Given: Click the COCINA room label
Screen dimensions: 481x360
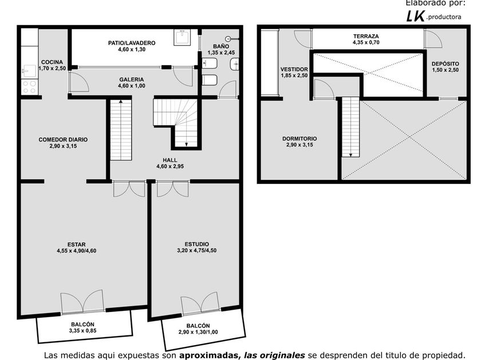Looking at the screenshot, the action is (52, 62).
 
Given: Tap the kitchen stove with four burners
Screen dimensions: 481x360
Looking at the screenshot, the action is (30, 87).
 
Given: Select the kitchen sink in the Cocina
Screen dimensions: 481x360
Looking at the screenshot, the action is (30, 71).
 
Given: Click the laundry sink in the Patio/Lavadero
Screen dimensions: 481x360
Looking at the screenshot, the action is (182, 37).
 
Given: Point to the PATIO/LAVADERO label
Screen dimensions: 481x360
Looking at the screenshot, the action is (132, 43).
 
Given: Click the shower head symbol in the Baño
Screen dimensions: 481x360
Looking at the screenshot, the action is (228, 39).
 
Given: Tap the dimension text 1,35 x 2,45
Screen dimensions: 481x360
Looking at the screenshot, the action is (221, 53).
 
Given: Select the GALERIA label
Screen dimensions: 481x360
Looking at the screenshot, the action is (132, 79).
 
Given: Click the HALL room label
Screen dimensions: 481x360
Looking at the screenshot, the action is (170, 160).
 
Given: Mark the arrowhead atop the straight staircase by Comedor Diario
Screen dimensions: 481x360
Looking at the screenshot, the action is (121, 101).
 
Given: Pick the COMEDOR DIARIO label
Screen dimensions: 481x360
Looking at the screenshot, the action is (63, 139).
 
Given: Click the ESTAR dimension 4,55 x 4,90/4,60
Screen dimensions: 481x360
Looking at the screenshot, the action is (76, 251).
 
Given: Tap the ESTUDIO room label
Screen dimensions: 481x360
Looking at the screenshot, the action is (196, 245).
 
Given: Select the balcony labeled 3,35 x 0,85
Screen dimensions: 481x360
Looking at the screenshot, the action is (84, 327).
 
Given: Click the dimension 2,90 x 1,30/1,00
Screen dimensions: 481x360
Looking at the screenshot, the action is (198, 332).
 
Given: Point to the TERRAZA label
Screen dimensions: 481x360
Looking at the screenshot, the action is (366, 36).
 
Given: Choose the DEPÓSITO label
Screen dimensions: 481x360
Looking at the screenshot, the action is (445, 63).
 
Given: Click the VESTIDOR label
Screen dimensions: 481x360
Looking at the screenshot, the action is (294, 70).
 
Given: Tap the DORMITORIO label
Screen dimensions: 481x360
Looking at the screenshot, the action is (299, 139).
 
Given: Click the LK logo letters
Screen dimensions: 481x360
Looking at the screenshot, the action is (416, 16).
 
